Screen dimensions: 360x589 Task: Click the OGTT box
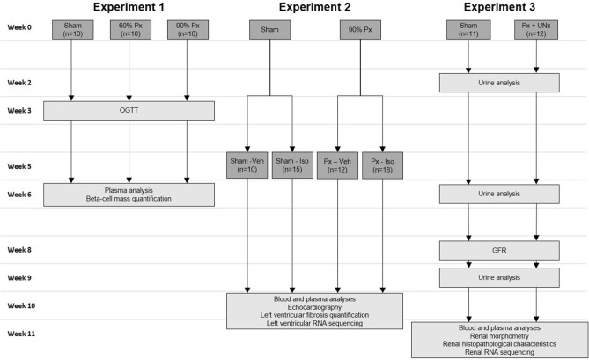click(x=129, y=111)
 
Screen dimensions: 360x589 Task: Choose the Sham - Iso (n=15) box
click(x=293, y=165)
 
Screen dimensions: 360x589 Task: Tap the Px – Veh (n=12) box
click(x=338, y=165)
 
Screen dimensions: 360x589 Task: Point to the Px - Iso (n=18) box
click(x=382, y=165)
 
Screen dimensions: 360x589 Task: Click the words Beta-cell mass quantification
click(x=129, y=199)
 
